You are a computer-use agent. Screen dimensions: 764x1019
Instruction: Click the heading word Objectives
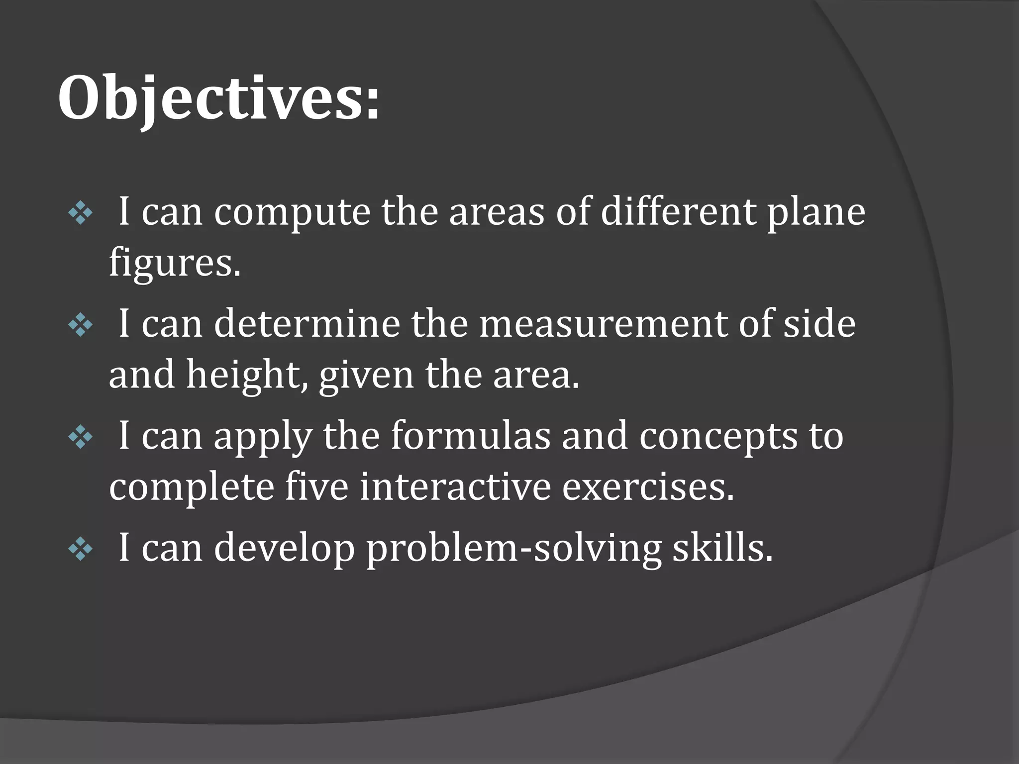[219, 98]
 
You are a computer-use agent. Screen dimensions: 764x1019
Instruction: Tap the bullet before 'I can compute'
[81, 214]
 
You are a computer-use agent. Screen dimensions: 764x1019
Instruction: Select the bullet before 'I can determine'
[81, 326]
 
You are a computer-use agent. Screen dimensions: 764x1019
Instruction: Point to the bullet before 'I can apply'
[81, 438]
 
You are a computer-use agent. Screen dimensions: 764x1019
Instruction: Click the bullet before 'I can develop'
[81, 549]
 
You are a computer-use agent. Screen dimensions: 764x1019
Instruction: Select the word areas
[497, 212]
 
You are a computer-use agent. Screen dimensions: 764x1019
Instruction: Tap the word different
[678, 212]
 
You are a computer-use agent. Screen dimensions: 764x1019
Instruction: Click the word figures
[174, 264]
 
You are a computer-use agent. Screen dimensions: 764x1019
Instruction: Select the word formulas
[471, 436]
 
